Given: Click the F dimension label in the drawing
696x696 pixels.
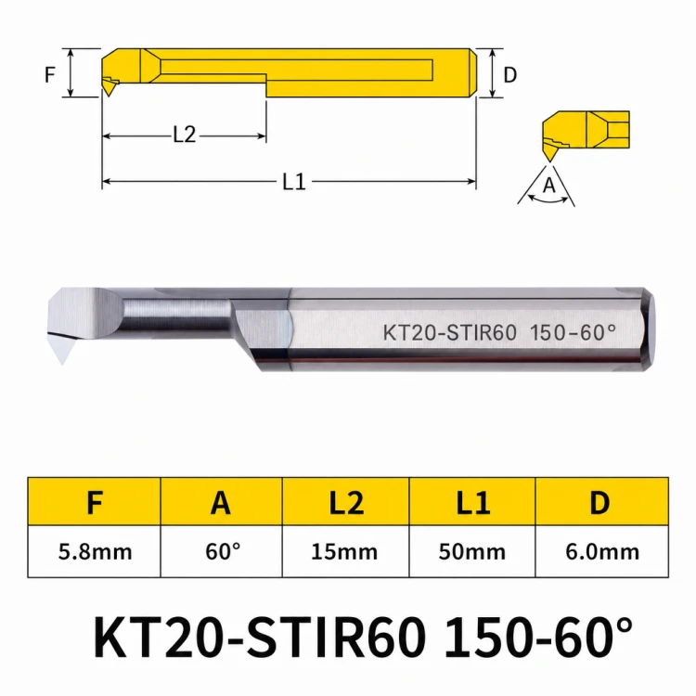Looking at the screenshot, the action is click(x=50, y=74).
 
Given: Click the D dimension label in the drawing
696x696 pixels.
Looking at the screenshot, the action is click(x=510, y=74).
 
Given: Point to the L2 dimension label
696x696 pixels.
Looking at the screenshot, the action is click(x=184, y=134).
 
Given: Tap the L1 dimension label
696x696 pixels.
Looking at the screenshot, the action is click(x=294, y=182).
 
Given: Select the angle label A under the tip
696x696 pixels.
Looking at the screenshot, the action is click(x=549, y=185).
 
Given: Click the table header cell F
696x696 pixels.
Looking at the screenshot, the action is click(x=94, y=501).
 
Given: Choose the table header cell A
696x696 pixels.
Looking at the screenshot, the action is click(x=221, y=501).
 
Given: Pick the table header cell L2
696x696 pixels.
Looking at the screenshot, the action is click(x=346, y=501).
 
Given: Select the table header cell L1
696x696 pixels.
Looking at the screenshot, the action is click(x=472, y=501).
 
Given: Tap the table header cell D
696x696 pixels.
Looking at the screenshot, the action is click(x=602, y=501).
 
